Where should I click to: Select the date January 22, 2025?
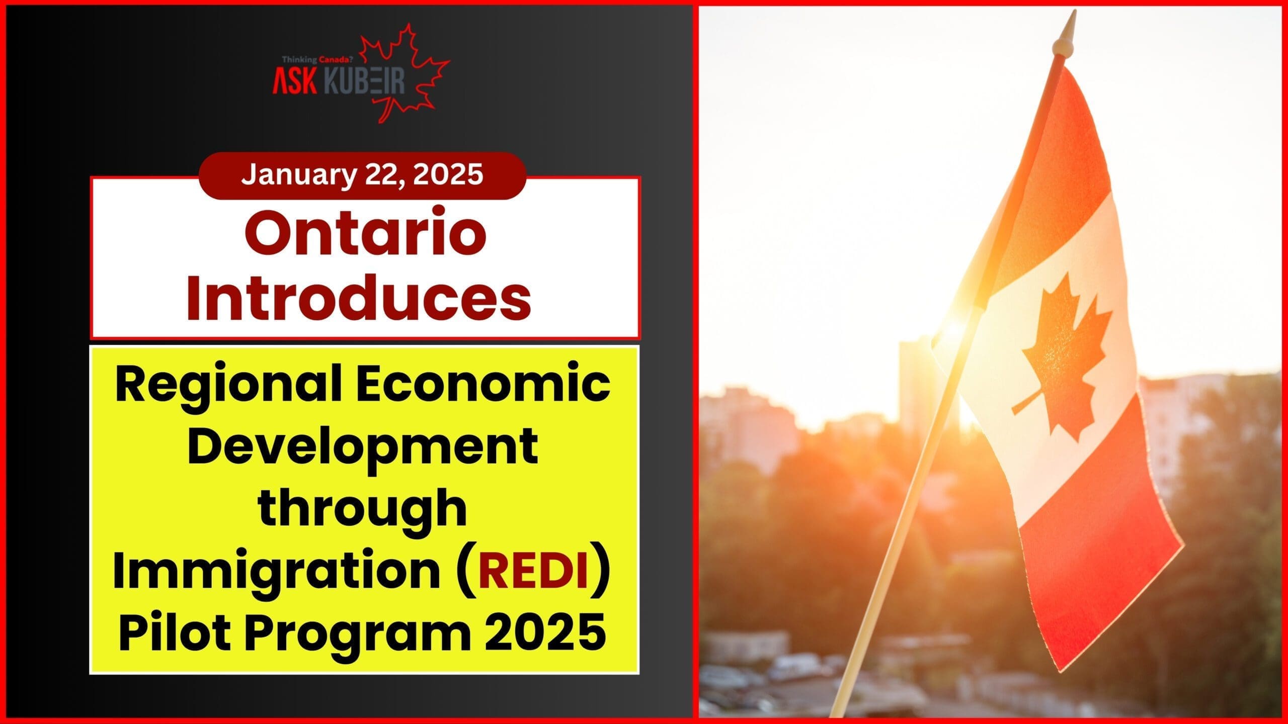click(362, 174)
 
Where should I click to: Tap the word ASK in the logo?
click(295, 82)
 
